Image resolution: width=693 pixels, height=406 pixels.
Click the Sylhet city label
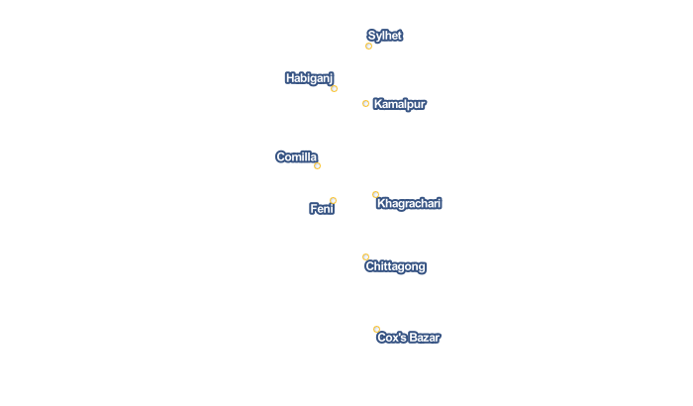click(384, 36)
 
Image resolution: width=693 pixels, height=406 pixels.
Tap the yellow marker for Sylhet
click(368, 46)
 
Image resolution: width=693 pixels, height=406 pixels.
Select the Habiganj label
click(309, 78)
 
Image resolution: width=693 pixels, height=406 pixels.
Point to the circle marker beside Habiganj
click(335, 88)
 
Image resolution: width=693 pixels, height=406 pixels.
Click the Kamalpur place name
click(400, 104)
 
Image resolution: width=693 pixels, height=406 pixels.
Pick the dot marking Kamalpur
click(365, 104)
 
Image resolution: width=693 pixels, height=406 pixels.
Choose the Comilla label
click(297, 157)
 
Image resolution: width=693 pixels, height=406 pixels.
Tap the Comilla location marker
click(318, 165)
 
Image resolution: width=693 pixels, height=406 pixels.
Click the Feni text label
click(322, 208)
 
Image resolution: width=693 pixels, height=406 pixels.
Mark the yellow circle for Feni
click(334, 200)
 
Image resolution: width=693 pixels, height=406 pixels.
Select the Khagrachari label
click(409, 203)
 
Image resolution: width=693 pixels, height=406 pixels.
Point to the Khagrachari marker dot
click(375, 194)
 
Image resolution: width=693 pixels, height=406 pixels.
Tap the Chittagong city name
click(396, 266)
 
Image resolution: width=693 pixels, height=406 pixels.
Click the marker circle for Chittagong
click(365, 256)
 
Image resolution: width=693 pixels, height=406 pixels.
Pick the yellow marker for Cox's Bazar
click(376, 329)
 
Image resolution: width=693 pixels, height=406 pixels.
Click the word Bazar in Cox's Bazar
click(425, 338)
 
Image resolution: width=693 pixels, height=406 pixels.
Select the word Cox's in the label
click(392, 338)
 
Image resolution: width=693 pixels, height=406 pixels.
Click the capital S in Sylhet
click(371, 36)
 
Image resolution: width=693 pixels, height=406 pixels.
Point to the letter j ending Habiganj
click(331, 78)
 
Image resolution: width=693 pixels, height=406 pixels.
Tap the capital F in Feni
click(314, 208)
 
